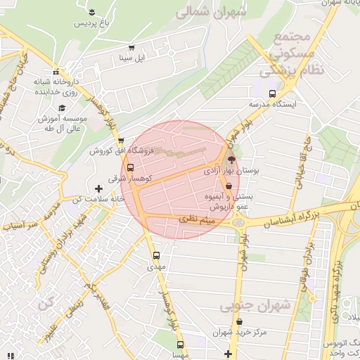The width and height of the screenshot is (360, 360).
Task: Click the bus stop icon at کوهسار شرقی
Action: click(x=130, y=167)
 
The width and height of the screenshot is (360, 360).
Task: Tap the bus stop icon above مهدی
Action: click(x=156, y=256)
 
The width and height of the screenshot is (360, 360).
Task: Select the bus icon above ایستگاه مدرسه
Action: click(x=272, y=93)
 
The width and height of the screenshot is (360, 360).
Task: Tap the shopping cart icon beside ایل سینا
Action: click(x=122, y=48)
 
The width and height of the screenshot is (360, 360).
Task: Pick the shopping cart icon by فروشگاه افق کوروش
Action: click(x=122, y=139)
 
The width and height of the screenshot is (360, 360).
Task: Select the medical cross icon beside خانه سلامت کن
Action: click(x=98, y=188)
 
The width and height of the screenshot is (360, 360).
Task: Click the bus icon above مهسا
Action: click(x=181, y=345)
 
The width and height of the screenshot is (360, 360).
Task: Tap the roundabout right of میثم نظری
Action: click(x=240, y=222)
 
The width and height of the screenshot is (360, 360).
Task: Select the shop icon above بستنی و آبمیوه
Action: click(x=229, y=186)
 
